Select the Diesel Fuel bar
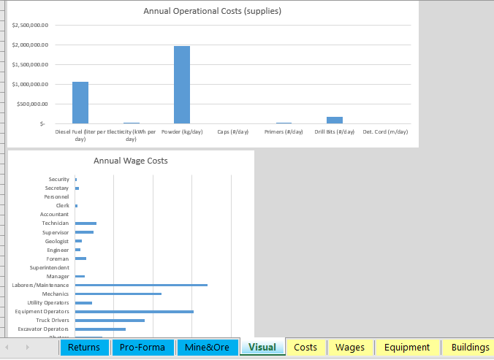click(80, 102)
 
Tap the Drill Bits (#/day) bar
click(335, 120)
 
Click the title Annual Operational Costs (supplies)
click(212, 11)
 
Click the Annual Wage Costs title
click(131, 161)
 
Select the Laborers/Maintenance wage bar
click(141, 285)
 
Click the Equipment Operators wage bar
click(134, 312)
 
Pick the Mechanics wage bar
click(118, 294)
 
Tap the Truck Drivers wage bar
click(110, 321)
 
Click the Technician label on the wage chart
click(56, 223)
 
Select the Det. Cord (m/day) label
click(385, 131)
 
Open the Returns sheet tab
click(83, 347)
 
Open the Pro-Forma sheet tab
click(142, 347)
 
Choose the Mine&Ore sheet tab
click(207, 347)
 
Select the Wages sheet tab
click(350, 347)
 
